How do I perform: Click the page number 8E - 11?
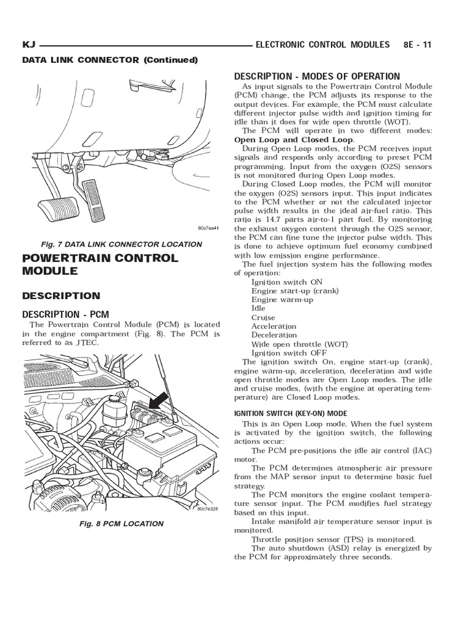pos(417,45)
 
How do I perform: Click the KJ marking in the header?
pos(29,45)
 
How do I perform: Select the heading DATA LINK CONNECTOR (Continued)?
pos(110,60)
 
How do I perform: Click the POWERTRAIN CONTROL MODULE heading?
pos(100,264)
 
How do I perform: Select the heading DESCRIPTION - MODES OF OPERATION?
pos(317,76)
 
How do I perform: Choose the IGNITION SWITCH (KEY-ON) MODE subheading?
pos(291,413)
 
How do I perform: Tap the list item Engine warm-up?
pos(282,300)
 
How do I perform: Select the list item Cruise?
pos(263,317)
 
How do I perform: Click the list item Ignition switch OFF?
pos(289,353)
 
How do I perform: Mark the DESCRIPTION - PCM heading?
pos(65,314)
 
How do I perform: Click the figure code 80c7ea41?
pos(208,228)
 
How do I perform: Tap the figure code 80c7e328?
pos(208,509)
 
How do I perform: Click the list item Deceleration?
pos(274,335)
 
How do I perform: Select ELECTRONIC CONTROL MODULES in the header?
pos(322,45)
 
